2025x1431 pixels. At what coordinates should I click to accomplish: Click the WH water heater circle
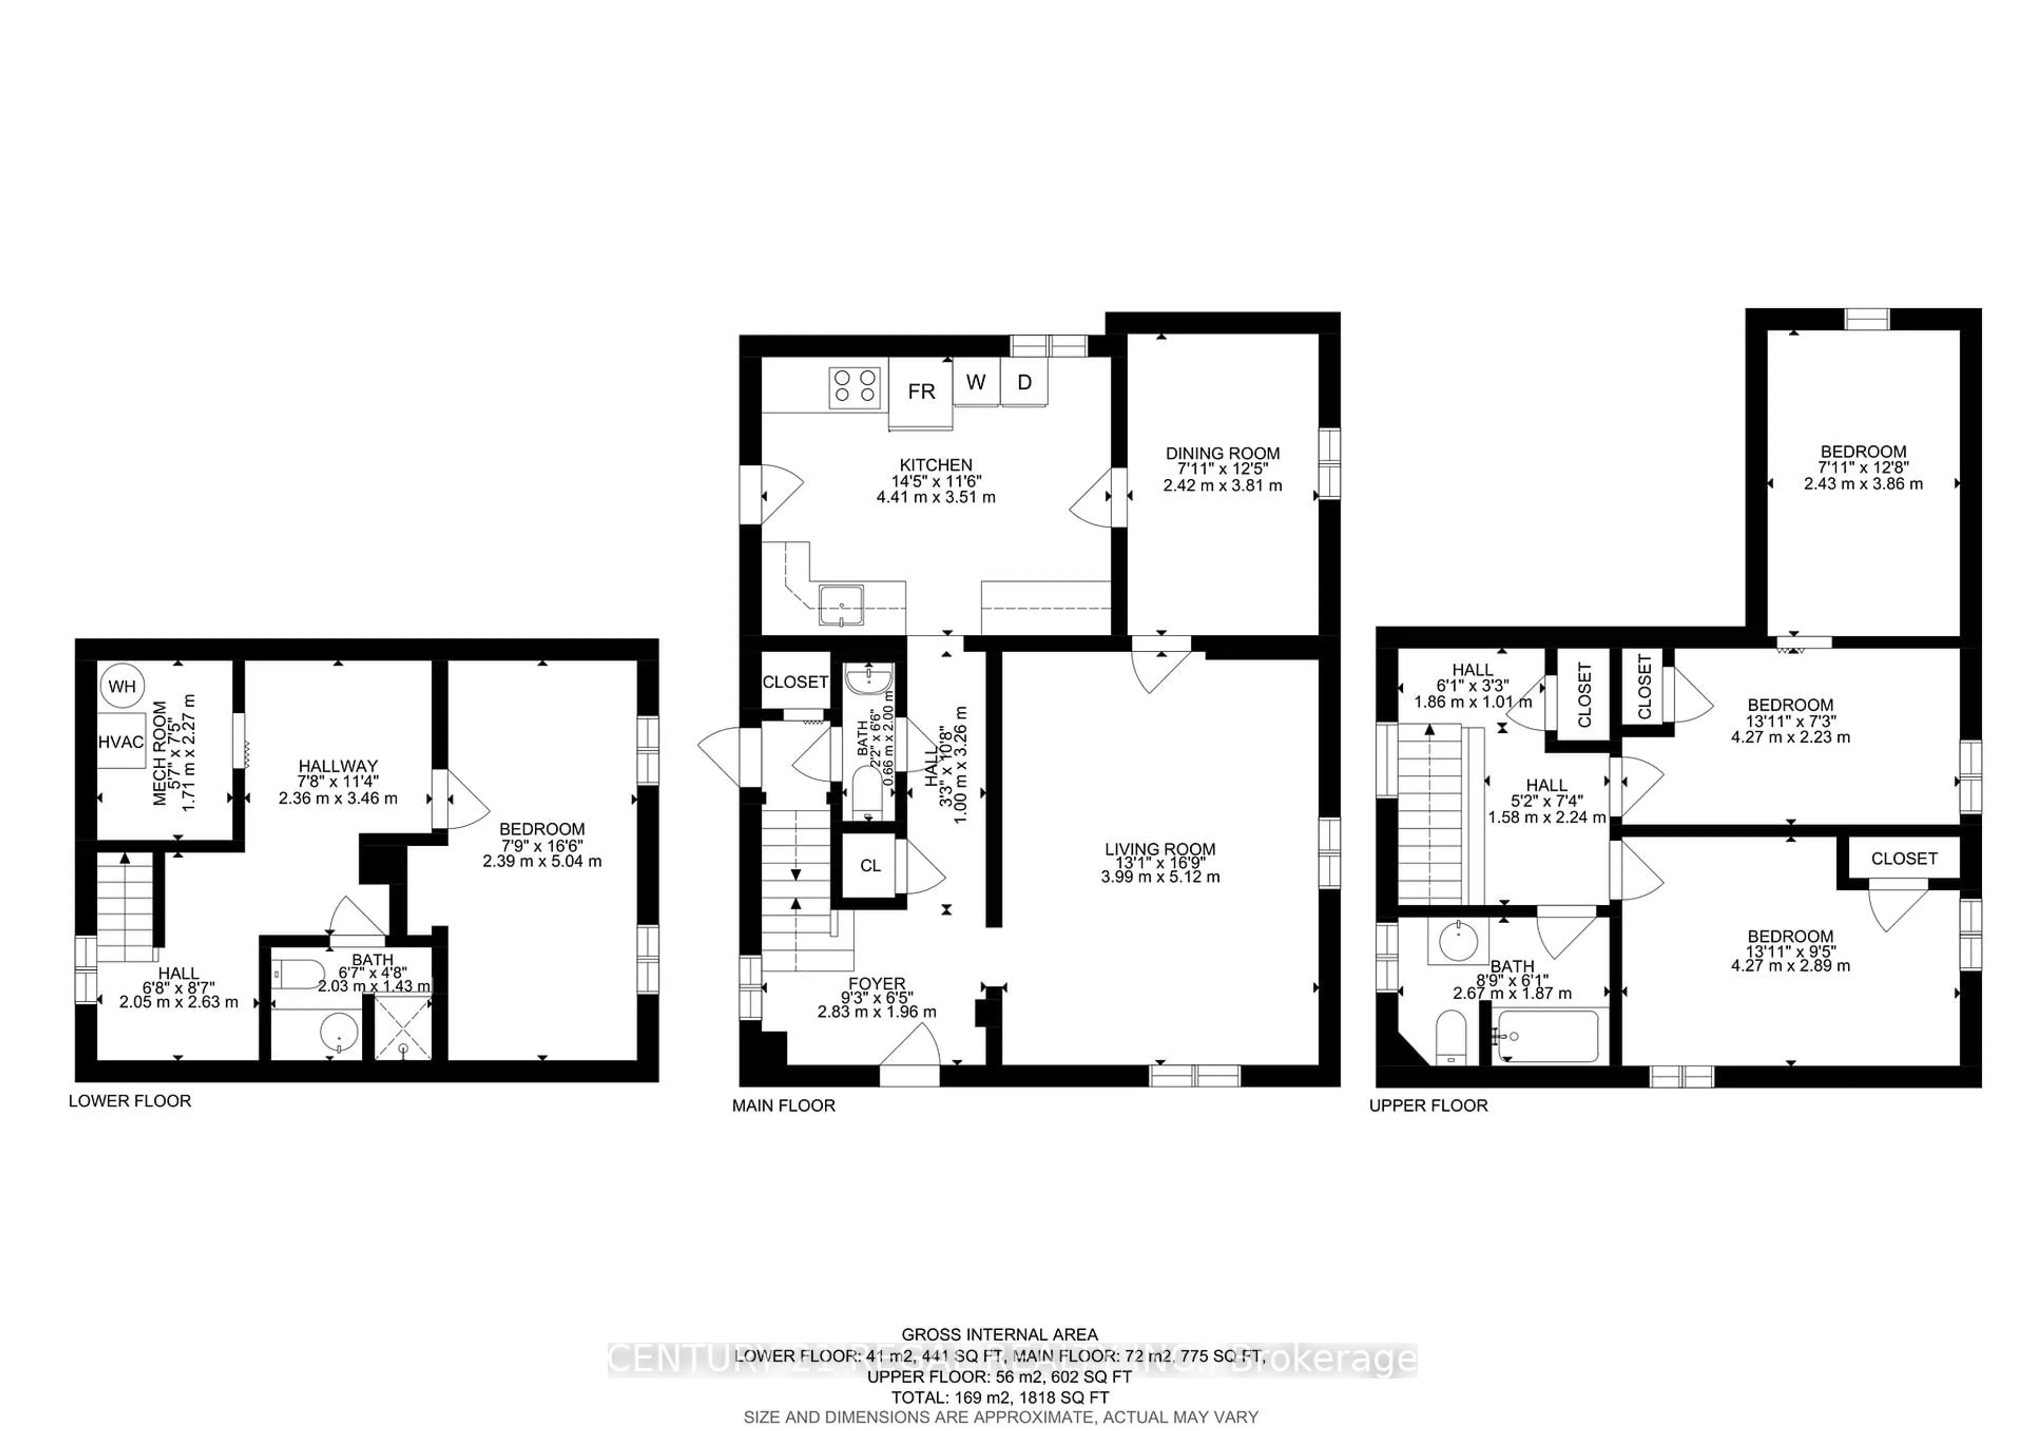click(122, 686)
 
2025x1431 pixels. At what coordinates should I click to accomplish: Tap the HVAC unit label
click(121, 742)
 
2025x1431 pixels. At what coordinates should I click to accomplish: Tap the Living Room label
click(1160, 849)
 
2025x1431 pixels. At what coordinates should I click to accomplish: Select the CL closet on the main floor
click(870, 866)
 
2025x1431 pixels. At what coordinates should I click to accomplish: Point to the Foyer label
click(876, 983)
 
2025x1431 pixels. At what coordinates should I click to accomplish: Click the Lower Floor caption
click(130, 1100)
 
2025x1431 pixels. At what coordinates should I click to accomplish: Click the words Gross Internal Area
click(999, 1335)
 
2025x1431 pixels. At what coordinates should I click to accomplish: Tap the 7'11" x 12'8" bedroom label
click(1863, 467)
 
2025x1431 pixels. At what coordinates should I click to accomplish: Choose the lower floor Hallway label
click(338, 766)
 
